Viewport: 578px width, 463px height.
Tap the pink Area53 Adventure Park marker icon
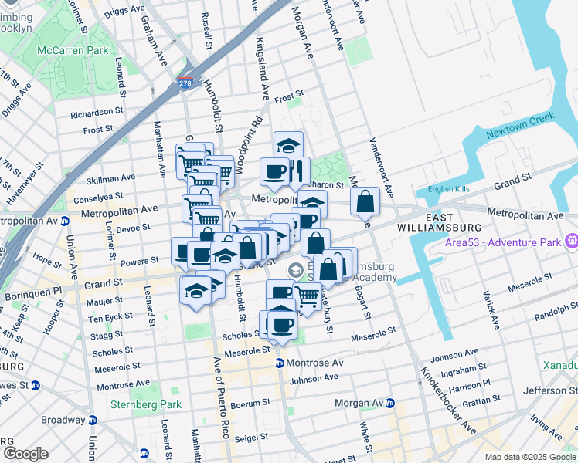[571, 241]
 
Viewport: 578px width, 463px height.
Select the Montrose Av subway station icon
[280, 363]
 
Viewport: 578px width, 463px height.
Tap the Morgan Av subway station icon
[390, 404]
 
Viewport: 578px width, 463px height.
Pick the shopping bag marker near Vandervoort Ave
[365, 202]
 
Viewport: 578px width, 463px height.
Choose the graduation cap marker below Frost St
[288, 145]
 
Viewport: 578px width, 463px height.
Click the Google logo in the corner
[25, 454]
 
